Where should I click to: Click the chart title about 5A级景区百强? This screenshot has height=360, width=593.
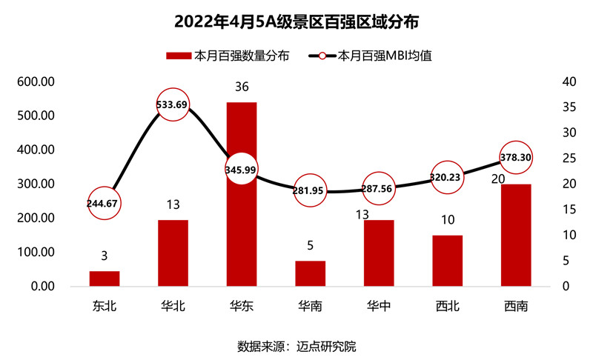pyautogui.click(x=296, y=21)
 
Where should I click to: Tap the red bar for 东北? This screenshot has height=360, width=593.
pyautogui.click(x=104, y=279)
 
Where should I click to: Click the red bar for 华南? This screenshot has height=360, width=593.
pyautogui.click(x=310, y=273)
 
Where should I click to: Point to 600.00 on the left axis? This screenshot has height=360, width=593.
pyautogui.click(x=31, y=81)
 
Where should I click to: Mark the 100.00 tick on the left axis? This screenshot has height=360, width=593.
pyautogui.click(x=31, y=253)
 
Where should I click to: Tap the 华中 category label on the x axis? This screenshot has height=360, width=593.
pyautogui.click(x=379, y=305)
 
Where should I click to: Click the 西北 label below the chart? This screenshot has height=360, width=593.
pyautogui.click(x=448, y=305)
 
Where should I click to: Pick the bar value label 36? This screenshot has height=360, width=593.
pyautogui.click(x=241, y=87)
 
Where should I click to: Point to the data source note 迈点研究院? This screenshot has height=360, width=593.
pyautogui.click(x=296, y=346)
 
